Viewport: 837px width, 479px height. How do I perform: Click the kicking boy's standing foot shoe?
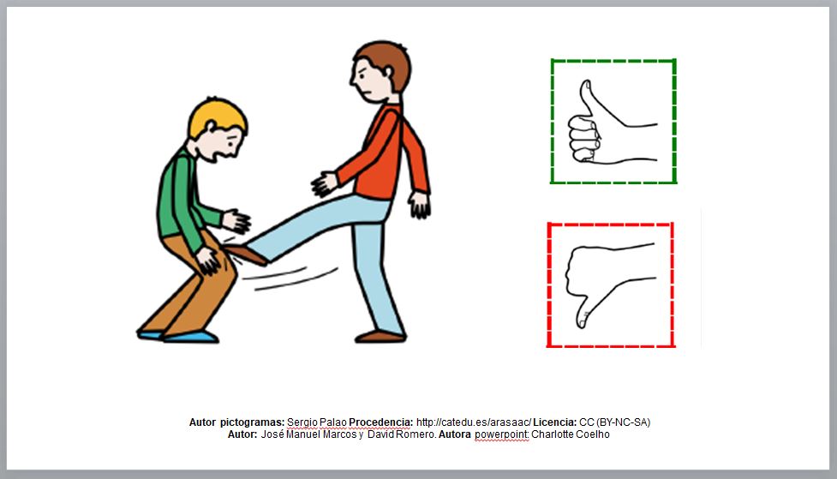pos(380,337)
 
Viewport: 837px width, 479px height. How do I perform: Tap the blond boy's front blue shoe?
pos(190,337)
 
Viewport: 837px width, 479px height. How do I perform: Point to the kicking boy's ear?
pos(388,72)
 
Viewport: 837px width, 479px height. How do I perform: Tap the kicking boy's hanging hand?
pos(420,205)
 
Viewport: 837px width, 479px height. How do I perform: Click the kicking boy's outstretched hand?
pos(324,183)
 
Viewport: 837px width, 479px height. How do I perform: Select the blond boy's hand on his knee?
pos(207,260)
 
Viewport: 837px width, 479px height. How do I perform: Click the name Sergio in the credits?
pos(302,422)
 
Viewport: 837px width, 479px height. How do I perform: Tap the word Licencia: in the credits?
pos(554,422)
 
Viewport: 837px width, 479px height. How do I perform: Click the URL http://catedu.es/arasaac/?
pos(474,422)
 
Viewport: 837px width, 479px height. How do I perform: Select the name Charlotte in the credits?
pos(551,434)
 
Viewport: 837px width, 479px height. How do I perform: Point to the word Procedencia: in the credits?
pos(380,422)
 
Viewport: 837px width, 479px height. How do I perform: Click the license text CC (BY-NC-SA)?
pos(614,422)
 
